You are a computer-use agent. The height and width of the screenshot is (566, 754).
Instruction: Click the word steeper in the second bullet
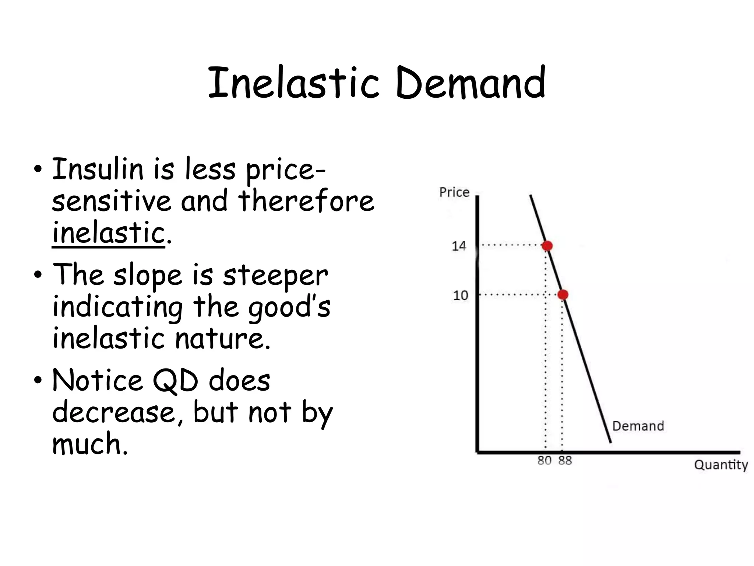point(275,275)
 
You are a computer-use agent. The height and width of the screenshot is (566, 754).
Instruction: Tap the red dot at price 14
point(547,246)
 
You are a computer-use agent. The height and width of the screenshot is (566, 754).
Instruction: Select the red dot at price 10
point(563,295)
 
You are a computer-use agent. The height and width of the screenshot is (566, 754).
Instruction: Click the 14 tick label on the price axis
point(459,246)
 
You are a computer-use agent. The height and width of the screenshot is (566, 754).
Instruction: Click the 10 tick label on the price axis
point(460,295)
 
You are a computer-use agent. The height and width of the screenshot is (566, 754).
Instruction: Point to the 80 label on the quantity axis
point(544,461)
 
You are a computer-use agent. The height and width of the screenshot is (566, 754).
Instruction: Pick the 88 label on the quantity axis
point(565,461)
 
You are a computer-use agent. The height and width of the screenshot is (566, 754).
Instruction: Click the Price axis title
point(454,192)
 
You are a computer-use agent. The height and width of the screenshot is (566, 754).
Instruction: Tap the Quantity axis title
point(721,465)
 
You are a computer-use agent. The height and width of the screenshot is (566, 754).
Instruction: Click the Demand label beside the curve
point(638,426)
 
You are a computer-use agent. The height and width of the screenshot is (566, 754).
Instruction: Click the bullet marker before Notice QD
point(38,381)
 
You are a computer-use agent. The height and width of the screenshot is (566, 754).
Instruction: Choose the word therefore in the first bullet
point(306,201)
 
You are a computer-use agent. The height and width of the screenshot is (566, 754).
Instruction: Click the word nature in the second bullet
point(222,338)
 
